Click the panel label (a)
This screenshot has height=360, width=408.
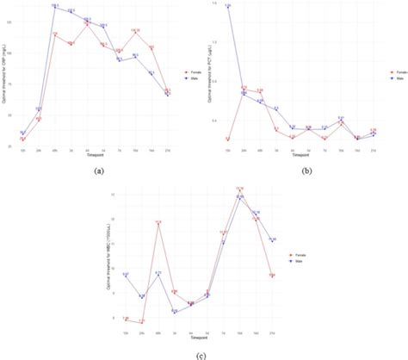pyautogui.click(x=98, y=172)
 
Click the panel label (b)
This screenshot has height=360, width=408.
pyautogui.click(x=304, y=172)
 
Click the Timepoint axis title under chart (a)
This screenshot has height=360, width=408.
pyautogui.click(x=95, y=155)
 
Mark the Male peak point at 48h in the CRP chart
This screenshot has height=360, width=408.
pyautogui.click(x=54, y=7)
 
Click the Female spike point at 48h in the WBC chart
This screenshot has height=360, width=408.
pyautogui.click(x=158, y=223)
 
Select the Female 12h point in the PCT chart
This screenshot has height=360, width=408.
pyautogui.click(x=228, y=138)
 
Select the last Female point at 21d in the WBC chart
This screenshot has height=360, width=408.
pyautogui.click(x=272, y=275)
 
